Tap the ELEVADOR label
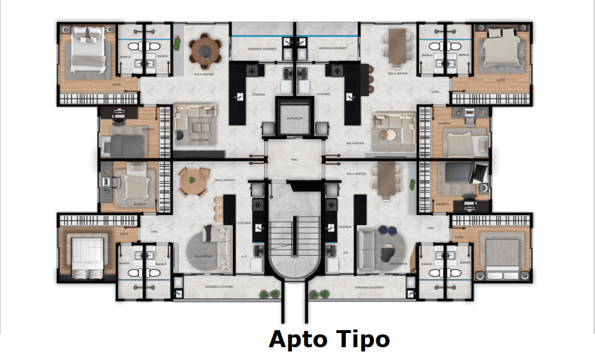295,118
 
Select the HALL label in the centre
295,160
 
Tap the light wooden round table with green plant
192,182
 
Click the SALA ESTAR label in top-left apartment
199,140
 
